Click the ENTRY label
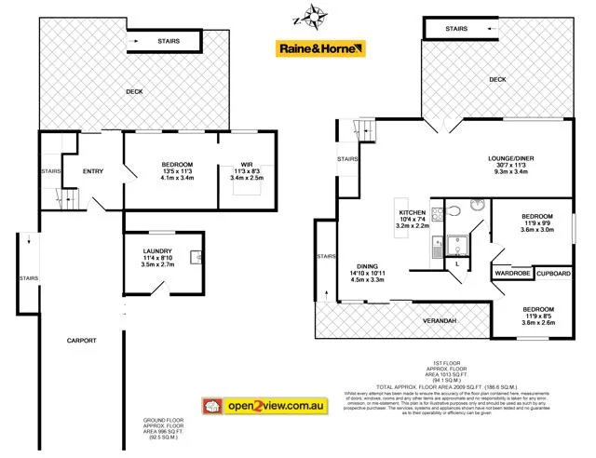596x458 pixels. click(x=92, y=170)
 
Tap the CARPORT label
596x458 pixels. click(x=82, y=341)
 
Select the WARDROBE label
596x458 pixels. click(x=512, y=274)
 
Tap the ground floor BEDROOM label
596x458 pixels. click(x=176, y=164)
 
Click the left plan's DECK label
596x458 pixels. click(x=135, y=91)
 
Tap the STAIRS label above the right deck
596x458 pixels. click(x=456, y=29)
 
